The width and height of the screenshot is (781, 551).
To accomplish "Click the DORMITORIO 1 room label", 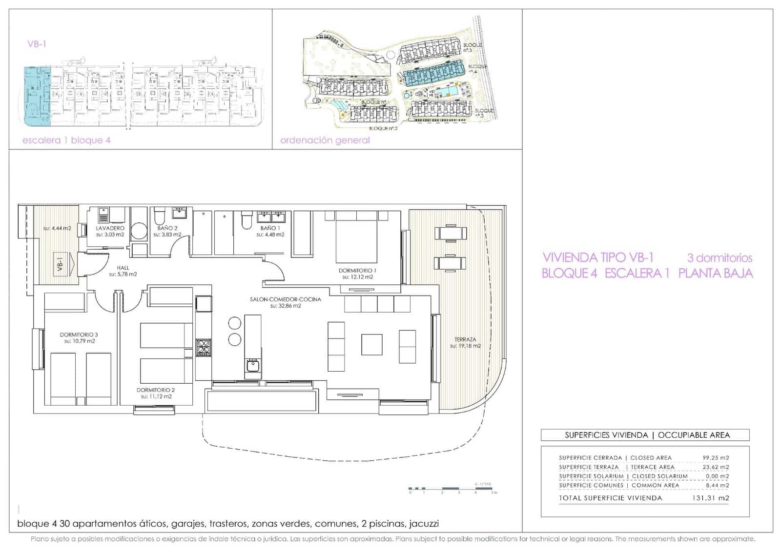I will [x=357, y=270].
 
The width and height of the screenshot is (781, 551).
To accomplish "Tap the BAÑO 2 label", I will [x=167, y=228].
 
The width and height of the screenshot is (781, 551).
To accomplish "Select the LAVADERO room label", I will [x=110, y=228].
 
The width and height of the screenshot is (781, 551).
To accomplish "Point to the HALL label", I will [x=123, y=268].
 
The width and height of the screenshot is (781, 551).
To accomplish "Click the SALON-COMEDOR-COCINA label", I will [x=286, y=299].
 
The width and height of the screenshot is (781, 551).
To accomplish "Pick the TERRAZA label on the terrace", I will [x=465, y=339].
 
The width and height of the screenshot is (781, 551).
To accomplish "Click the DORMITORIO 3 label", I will [x=79, y=335].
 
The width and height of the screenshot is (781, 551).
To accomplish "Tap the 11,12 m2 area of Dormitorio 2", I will [x=156, y=397].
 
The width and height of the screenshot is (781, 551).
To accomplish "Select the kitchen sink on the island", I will [x=252, y=365].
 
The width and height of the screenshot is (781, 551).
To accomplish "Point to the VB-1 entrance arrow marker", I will [x=62, y=264].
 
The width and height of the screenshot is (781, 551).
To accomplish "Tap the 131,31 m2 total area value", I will [x=710, y=498].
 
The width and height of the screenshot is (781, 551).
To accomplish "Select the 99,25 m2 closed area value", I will [x=716, y=458].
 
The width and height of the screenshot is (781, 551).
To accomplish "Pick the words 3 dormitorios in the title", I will [x=719, y=257].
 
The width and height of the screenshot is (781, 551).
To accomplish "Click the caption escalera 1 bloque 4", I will [x=66, y=140].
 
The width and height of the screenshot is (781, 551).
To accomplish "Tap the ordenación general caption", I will [x=325, y=140].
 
